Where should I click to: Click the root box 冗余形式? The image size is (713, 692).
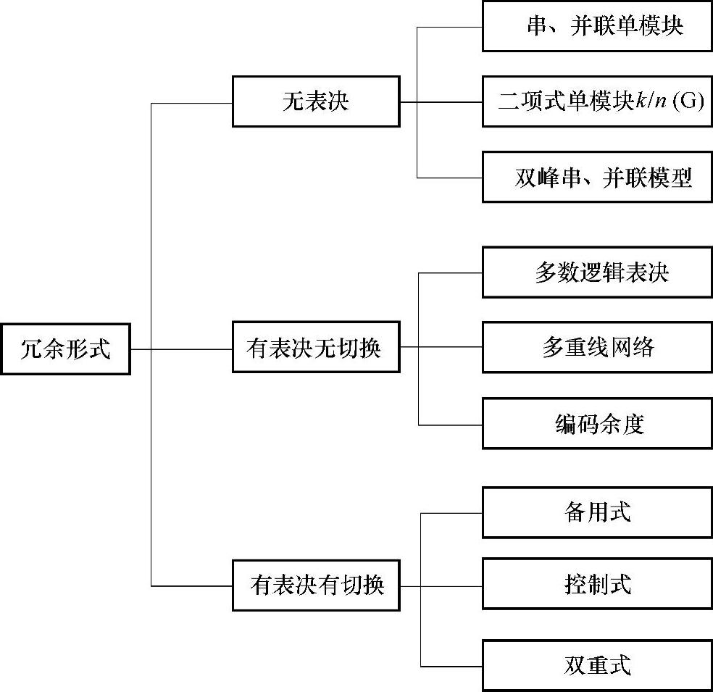(65, 349)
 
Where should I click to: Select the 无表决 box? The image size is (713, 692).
(315, 101)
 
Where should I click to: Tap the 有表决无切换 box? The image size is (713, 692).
(315, 349)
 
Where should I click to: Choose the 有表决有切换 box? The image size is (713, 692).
(315, 585)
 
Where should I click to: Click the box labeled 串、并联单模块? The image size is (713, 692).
(597, 27)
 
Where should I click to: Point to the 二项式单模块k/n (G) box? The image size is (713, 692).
(597, 101)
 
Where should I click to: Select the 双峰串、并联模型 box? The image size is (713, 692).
(597, 177)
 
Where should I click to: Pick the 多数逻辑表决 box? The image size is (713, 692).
(597, 272)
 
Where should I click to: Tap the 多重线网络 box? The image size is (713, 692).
(597, 348)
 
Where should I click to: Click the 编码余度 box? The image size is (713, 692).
(597, 423)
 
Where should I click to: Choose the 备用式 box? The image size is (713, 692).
(597, 512)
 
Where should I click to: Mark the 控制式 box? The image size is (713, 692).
(597, 583)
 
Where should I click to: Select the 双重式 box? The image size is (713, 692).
(597, 664)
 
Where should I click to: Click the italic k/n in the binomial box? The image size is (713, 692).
(651, 101)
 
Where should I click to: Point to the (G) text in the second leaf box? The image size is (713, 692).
(688, 101)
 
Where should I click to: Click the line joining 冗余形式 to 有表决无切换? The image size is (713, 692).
(181, 349)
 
